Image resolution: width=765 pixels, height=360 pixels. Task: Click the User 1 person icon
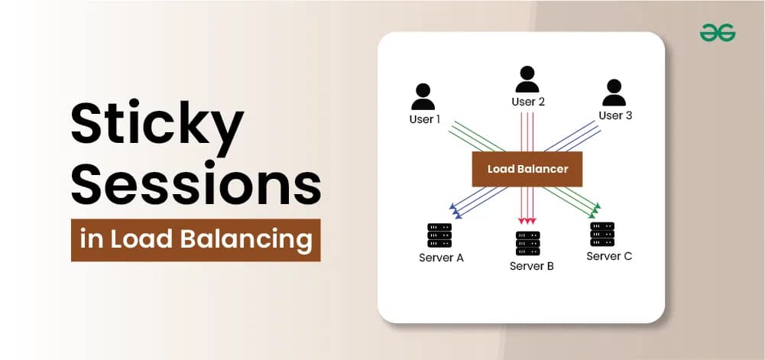tap(423, 96)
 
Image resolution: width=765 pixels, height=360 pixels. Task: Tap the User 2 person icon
tap(527, 79)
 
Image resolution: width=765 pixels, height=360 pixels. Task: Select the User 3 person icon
tap(614, 92)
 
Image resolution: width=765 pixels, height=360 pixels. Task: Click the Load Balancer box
tap(527, 169)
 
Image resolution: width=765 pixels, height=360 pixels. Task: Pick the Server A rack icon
tap(439, 235)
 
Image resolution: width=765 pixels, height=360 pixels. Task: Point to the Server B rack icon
tap(528, 243)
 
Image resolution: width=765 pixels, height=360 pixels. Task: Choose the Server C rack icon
tap(602, 234)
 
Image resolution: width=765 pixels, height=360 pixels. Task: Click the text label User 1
tap(424, 119)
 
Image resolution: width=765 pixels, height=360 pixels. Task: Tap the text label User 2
tap(528, 102)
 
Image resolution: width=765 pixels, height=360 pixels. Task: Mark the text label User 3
tap(615, 115)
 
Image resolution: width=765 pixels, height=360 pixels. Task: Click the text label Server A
tap(441, 258)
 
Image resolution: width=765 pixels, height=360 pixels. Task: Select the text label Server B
tap(532, 266)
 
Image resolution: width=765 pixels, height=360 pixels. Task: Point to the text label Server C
tap(609, 256)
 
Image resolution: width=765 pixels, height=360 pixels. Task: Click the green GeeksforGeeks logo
tap(718, 33)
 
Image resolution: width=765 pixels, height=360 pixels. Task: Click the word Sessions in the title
tap(196, 184)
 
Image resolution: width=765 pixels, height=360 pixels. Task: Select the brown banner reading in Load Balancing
tap(196, 240)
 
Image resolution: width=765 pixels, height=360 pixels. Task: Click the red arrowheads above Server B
tap(527, 221)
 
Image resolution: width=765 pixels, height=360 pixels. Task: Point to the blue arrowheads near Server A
tap(455, 210)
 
